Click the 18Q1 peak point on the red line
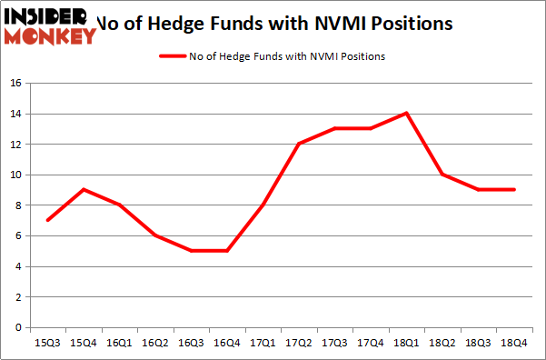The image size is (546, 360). click(x=406, y=113)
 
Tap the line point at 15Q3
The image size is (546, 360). click(x=47, y=220)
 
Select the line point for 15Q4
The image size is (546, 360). click(x=84, y=189)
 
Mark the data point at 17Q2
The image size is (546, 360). click(x=299, y=144)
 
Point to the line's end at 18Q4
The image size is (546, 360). click(x=514, y=189)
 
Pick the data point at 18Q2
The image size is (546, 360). click(x=442, y=175)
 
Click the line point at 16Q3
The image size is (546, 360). click(x=191, y=251)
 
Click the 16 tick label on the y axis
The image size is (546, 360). click(x=15, y=84)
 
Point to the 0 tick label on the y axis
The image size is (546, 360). click(x=18, y=327)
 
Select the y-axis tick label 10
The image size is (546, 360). click(x=15, y=175)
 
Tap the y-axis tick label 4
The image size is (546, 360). click(x=18, y=266)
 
